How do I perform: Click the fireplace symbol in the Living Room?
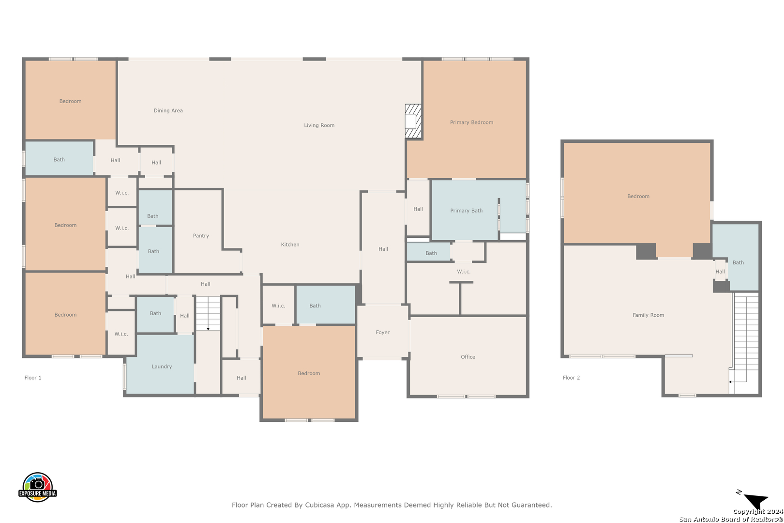click(413, 121)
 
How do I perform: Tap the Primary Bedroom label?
click(471, 122)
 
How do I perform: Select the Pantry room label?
click(201, 236)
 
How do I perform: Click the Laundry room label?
click(162, 367)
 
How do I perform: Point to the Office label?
click(468, 357)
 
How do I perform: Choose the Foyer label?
click(382, 332)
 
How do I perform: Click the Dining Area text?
click(168, 111)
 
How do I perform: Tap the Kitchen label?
click(290, 245)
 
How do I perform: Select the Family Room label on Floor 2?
click(648, 315)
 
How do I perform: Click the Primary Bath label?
click(466, 211)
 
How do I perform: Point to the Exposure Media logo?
click(37, 487)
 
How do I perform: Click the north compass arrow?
click(756, 500)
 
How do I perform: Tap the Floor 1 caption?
click(33, 378)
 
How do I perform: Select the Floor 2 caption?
click(571, 378)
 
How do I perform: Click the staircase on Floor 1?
click(208, 313)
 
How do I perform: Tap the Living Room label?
click(319, 125)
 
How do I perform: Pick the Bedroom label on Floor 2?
click(638, 197)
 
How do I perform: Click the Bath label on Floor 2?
click(738, 263)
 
